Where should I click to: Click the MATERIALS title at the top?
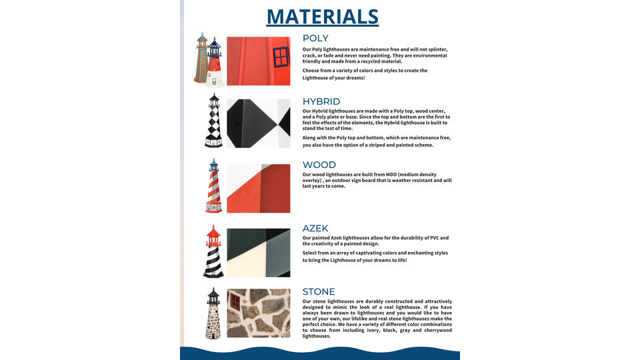[x=323, y=17]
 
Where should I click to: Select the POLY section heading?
[x=315, y=39]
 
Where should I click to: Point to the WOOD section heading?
[x=319, y=165]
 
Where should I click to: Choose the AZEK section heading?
[x=315, y=229]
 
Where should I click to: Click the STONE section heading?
[x=319, y=292]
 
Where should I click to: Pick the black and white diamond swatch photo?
[x=259, y=123]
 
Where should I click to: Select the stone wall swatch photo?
[x=259, y=313]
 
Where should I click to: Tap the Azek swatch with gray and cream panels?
[x=259, y=253]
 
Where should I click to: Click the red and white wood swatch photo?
[x=259, y=188]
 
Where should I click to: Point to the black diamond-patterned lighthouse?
[x=213, y=121]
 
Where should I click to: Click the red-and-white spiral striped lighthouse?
[x=213, y=186]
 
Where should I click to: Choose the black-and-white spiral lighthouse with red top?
[x=213, y=251]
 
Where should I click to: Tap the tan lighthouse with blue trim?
[x=201, y=59]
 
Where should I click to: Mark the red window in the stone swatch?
[x=235, y=302]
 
